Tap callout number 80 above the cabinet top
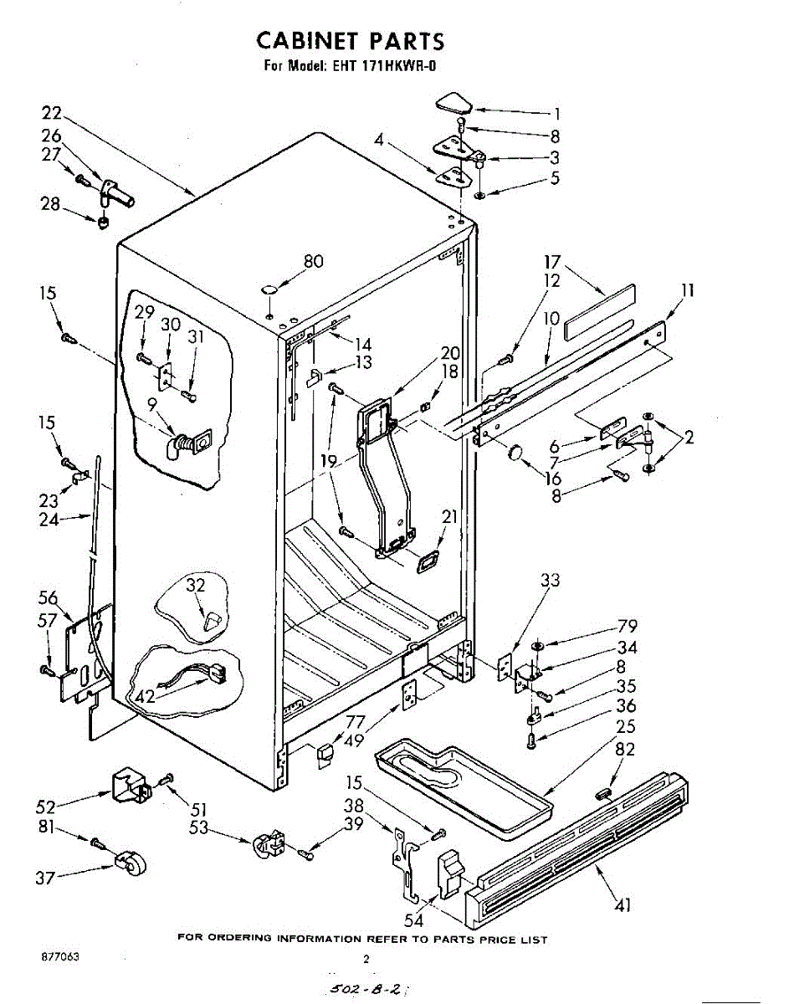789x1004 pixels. [x=313, y=261]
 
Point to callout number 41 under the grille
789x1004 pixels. [x=623, y=904]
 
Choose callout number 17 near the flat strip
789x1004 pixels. [x=552, y=263]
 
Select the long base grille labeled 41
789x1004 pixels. [x=577, y=845]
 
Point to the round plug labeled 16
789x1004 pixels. [x=514, y=452]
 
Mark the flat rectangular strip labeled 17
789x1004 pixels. [x=599, y=310]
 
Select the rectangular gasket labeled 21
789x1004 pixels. [x=428, y=562]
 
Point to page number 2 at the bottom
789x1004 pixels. [x=366, y=960]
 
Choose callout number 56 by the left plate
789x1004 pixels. [x=48, y=597]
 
